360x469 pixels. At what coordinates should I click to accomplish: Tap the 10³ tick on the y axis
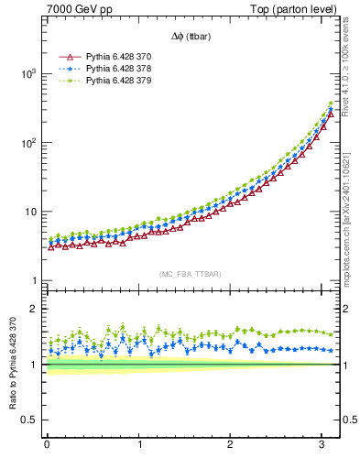pos(29,73)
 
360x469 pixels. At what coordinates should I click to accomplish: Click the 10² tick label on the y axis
pos(29,143)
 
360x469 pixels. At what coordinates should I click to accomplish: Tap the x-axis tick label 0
pos(47,445)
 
